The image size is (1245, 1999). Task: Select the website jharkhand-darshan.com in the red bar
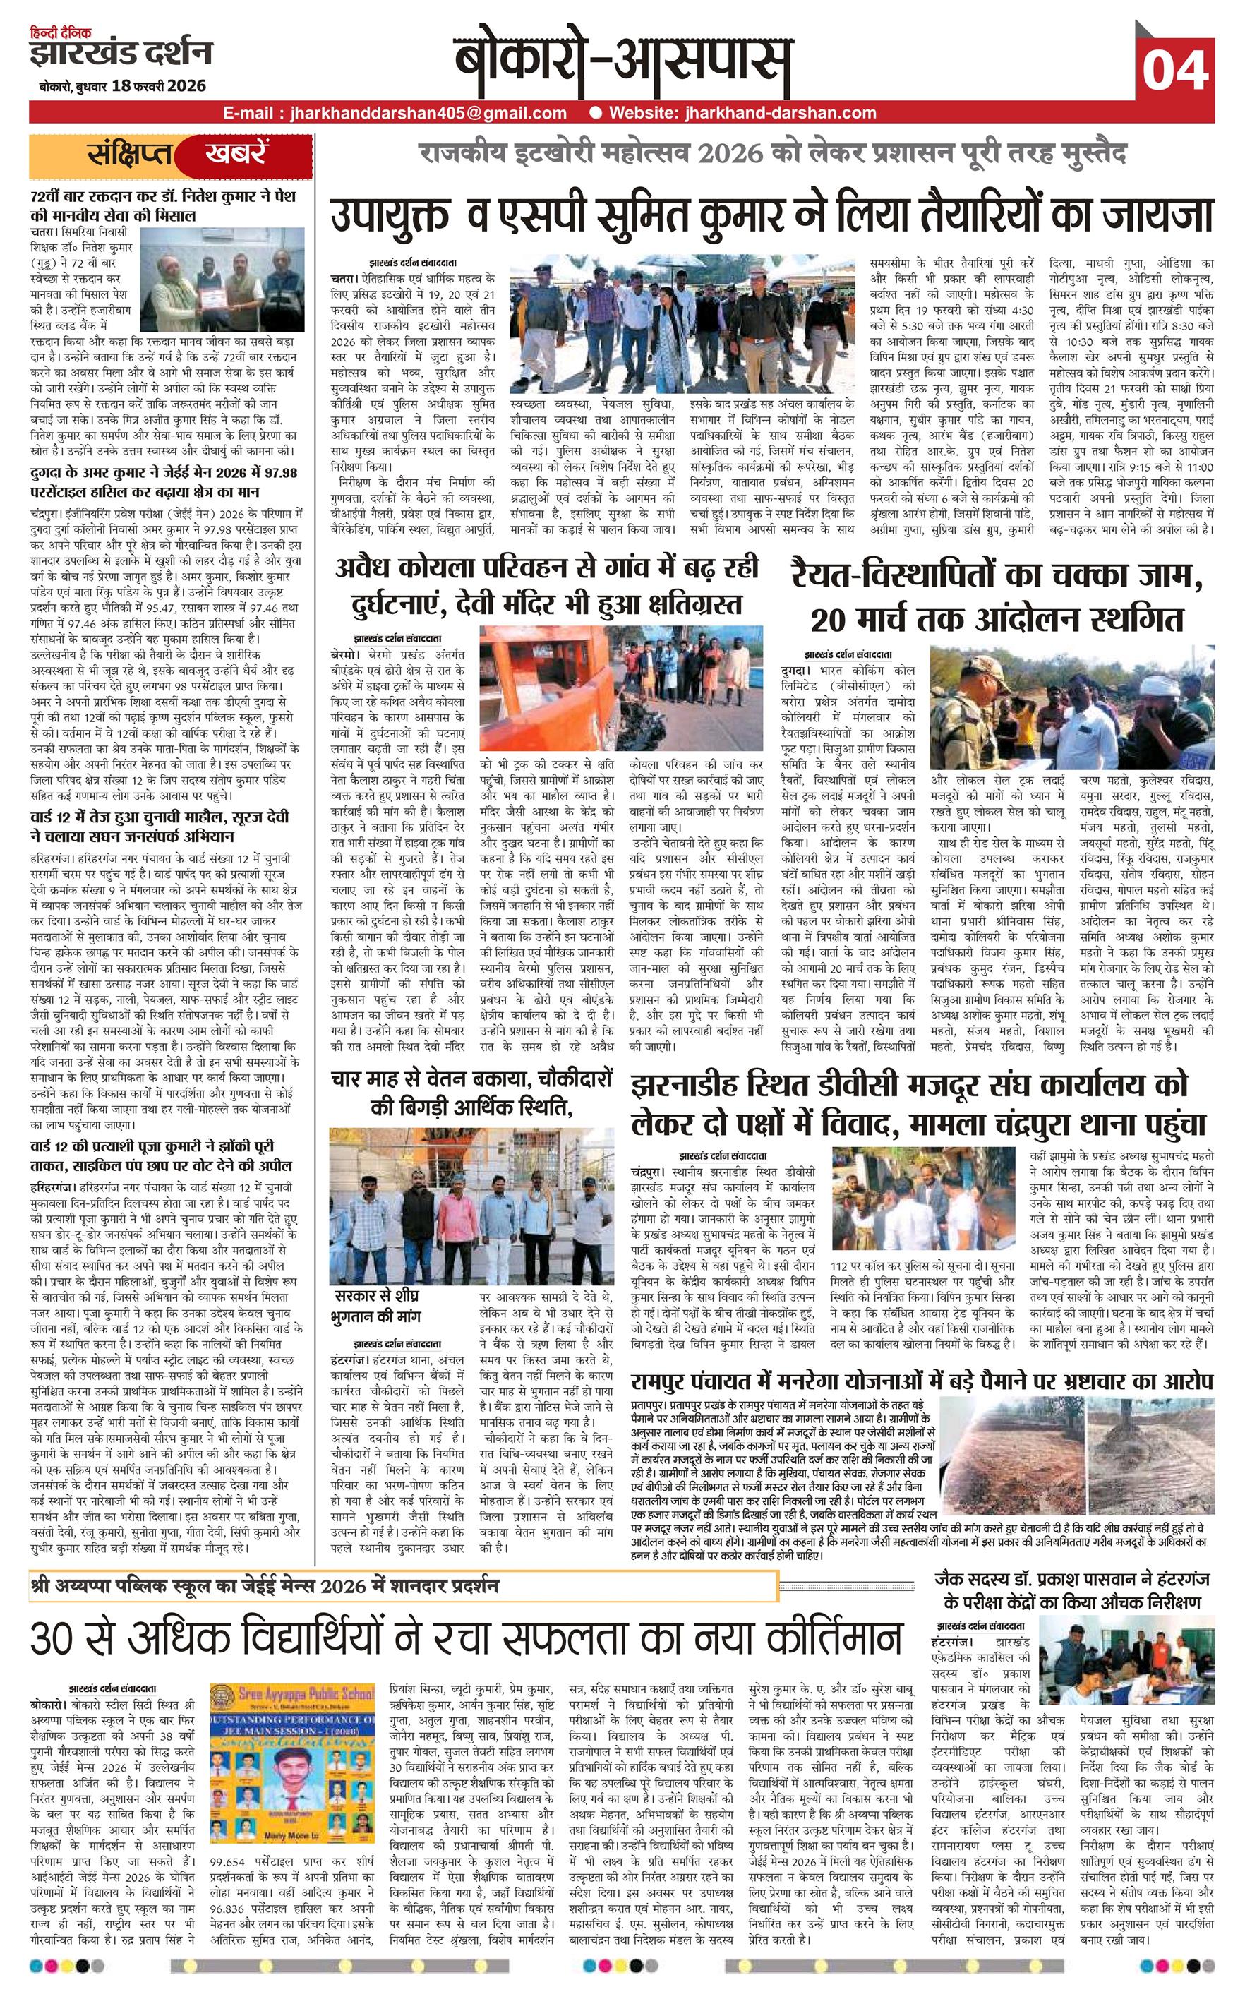tap(742, 113)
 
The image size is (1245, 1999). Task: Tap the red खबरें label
tap(236, 154)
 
